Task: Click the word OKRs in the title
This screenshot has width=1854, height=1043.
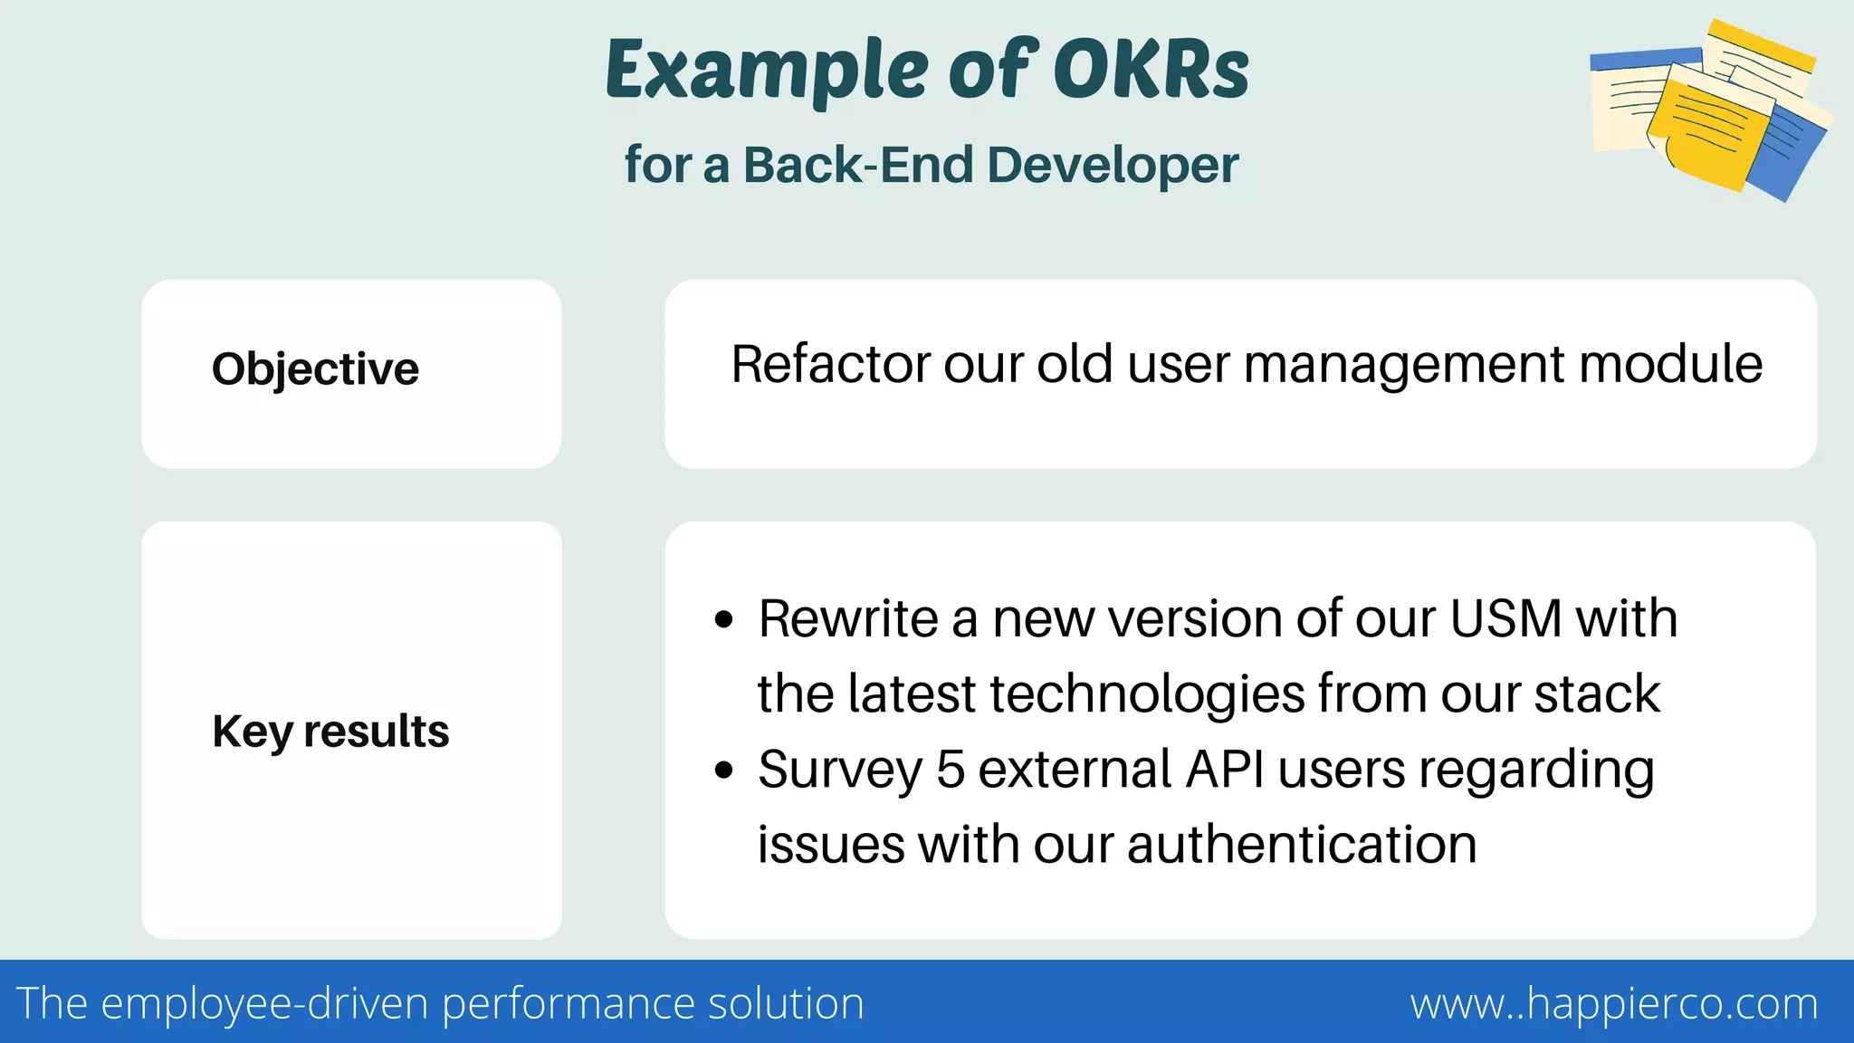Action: coord(1152,71)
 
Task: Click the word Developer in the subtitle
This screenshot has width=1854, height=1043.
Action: coord(1113,167)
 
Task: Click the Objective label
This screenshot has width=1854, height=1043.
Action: coord(315,369)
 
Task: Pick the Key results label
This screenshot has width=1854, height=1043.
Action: coord(330,732)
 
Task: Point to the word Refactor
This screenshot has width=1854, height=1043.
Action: coord(830,364)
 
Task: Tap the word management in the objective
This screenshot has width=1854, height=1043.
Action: coord(1404,366)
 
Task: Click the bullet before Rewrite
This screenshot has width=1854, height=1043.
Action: coord(723,620)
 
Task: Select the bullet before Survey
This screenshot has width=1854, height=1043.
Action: coord(723,770)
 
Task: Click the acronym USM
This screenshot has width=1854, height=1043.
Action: coord(1505,619)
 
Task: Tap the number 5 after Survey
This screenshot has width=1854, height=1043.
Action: coord(950,770)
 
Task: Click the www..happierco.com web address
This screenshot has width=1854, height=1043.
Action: coord(1614,1003)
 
